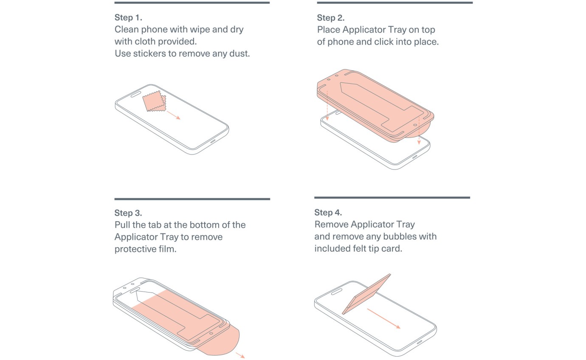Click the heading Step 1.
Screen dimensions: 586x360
pos(128,17)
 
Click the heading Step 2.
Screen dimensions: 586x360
pos(331,18)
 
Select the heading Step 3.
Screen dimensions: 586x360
pos(128,213)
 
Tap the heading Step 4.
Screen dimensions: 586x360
pos(328,212)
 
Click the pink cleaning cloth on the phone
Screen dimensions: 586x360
pos(154,101)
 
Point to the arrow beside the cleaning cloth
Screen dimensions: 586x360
pos(173,115)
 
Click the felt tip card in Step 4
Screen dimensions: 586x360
pos(366,294)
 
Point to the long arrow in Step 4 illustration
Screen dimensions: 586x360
pos(384,318)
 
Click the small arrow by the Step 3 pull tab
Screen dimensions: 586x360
pos(240,355)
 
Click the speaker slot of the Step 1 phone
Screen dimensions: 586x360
pos(136,94)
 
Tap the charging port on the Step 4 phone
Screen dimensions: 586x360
pos(420,343)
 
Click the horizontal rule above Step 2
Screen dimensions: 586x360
pos(395,3)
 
